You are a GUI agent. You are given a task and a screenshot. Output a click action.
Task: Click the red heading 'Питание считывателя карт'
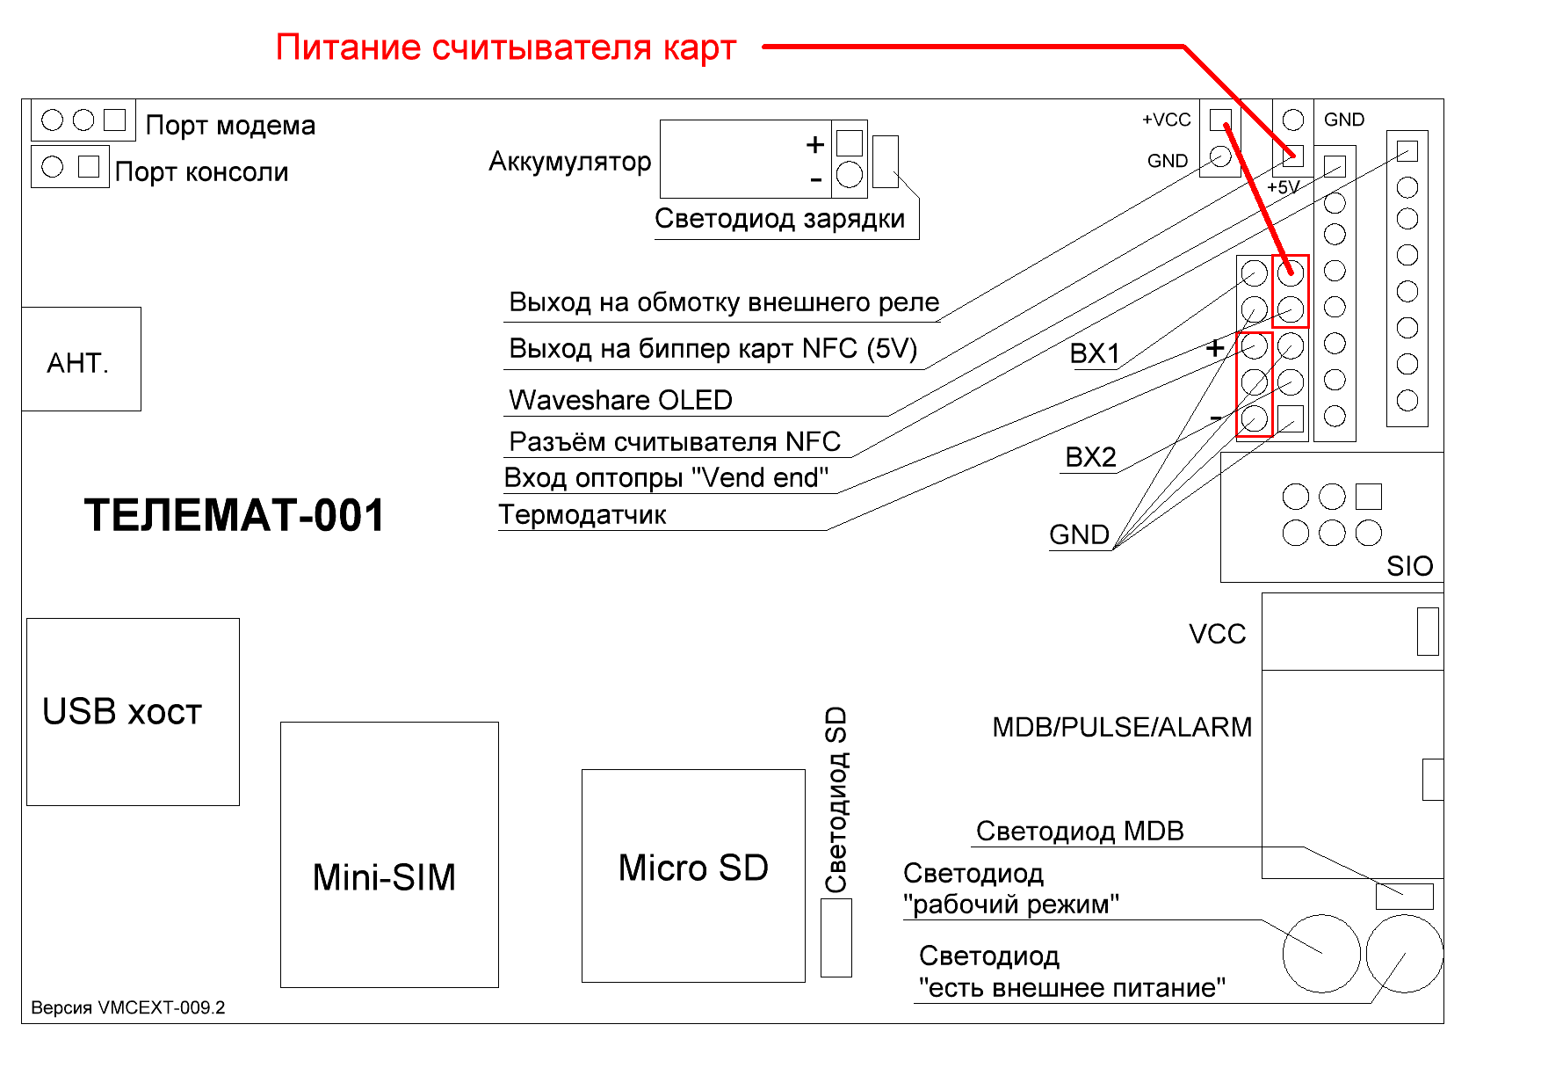coord(505,47)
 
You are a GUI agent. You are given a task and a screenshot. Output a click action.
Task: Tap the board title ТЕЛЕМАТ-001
coord(235,515)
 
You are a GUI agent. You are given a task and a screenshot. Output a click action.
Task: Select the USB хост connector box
coord(133,712)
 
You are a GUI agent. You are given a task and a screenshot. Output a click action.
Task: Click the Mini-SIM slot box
coord(389,854)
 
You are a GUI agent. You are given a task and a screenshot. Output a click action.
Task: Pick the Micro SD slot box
coord(693,876)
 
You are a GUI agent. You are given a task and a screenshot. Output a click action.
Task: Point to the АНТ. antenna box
coord(81,359)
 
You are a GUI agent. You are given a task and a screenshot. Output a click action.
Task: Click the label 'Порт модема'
coord(230,125)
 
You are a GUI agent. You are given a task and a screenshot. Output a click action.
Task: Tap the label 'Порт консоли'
coord(201,171)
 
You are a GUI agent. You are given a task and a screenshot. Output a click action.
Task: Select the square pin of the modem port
coord(115,120)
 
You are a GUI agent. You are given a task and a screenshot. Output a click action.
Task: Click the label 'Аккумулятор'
coord(570,162)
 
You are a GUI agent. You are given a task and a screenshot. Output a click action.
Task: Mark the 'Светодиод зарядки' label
coord(779,218)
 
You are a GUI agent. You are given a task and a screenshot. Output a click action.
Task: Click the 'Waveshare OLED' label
coord(620,400)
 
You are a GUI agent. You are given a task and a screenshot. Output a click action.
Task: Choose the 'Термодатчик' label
coord(582,514)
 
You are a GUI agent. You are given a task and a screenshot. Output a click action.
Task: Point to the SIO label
coord(1409,566)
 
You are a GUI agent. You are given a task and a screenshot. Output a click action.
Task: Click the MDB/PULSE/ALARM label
coord(1122,727)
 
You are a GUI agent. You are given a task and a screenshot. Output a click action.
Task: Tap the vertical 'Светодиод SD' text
coord(836,799)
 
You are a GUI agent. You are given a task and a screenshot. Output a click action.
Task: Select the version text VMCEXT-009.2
coord(128,1007)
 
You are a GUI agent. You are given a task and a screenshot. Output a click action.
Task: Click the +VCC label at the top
coord(1166,120)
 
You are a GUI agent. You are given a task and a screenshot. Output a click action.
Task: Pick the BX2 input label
coord(1090,457)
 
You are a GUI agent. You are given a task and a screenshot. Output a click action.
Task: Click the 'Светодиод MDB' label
coord(1080,831)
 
